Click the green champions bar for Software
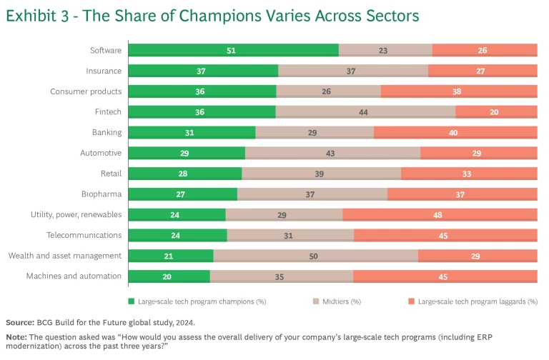tap(233, 50)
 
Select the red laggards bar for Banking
tap(455, 132)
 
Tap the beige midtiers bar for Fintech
tap(365, 111)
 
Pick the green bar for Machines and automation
tap(169, 276)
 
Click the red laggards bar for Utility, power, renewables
tap(440, 214)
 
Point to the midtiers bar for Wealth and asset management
tap(315, 256)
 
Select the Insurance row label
tap(104, 71)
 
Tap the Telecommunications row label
tap(84, 235)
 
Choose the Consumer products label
tap(86, 91)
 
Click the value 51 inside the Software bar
tap(232, 50)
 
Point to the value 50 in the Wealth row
tap(313, 256)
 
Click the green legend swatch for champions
tap(131, 301)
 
